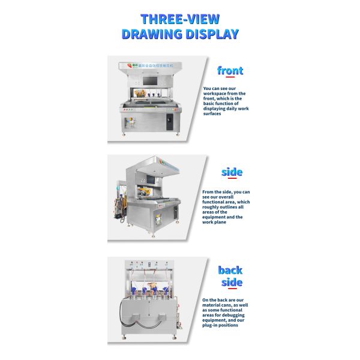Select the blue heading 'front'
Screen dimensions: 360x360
(230, 71)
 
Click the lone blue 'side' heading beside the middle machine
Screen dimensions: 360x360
(232, 173)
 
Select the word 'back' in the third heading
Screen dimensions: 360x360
(230, 271)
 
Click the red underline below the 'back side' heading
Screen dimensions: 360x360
(230, 289)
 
